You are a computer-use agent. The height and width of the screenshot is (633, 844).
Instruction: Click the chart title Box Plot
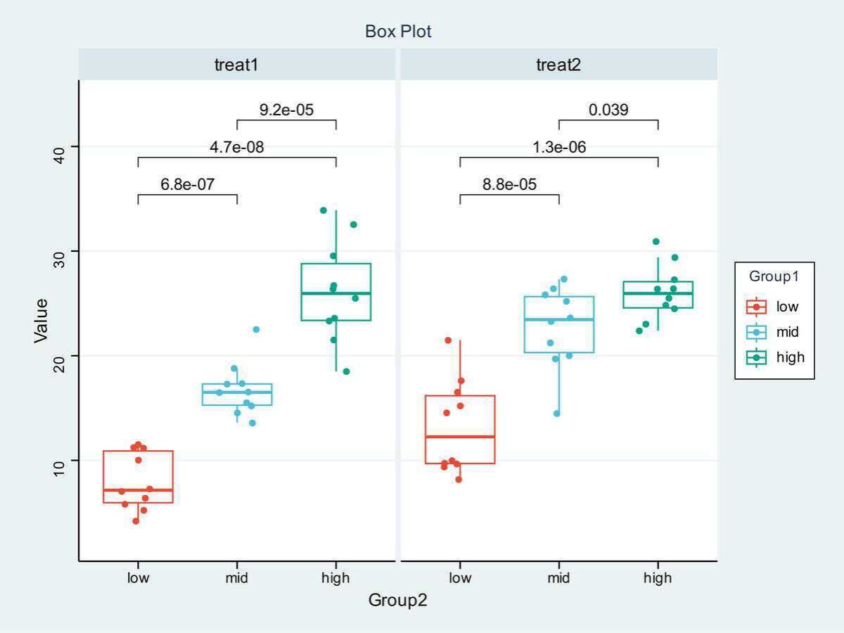coord(398,32)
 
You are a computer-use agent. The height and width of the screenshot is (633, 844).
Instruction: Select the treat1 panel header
coord(236,65)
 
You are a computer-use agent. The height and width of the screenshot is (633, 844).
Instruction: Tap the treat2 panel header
coord(558,65)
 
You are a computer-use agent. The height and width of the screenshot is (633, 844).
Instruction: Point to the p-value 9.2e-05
coord(286,110)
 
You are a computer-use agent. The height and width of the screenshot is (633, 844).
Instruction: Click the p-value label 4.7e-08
coord(237,148)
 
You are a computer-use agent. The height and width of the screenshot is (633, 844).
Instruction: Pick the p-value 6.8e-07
coord(187,185)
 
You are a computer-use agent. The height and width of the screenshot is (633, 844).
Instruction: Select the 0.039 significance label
coord(608,110)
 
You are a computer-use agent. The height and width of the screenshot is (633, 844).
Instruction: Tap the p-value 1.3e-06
coord(559,148)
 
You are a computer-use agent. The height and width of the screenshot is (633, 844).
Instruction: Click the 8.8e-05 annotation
coord(509,185)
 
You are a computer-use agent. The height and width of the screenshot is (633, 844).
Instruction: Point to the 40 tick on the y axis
coord(59,146)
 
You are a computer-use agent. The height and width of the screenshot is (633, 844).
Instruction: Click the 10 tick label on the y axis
coord(59,461)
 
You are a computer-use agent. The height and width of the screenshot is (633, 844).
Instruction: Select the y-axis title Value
coord(41,321)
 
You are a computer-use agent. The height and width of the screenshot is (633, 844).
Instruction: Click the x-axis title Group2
coord(397,601)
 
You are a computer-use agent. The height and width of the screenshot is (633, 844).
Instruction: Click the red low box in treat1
coord(138,476)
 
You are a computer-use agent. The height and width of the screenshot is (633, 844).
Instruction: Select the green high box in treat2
coord(658,295)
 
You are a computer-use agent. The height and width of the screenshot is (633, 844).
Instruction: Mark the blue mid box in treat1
coord(237,394)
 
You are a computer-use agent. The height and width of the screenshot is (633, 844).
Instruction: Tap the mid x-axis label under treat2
coord(558,579)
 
